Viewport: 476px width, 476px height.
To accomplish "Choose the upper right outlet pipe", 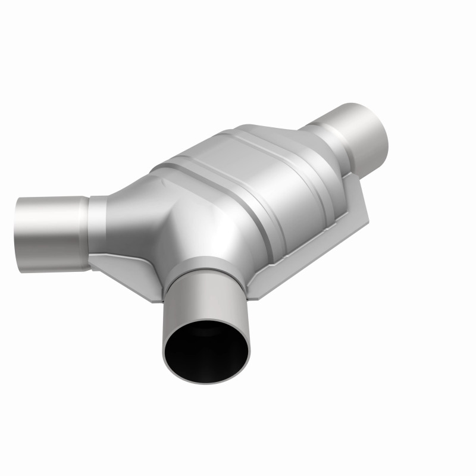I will coord(357,134).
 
